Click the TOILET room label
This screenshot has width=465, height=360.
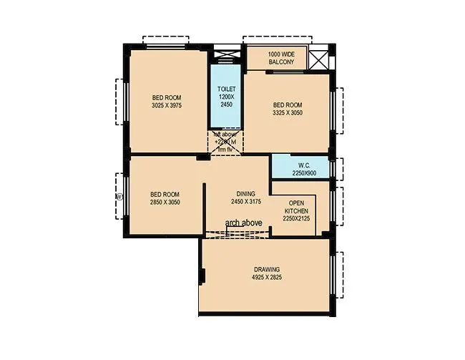tap(226, 89)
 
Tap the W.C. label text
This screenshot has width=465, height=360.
tap(303, 165)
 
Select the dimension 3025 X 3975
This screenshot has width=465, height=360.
tap(167, 105)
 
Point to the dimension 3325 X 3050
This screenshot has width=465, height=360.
tap(288, 112)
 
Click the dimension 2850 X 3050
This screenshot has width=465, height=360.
tap(165, 203)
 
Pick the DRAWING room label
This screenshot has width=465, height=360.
tap(267, 269)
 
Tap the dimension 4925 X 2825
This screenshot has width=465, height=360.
tap(267, 277)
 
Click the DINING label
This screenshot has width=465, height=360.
tap(246, 194)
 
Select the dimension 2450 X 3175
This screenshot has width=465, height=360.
tap(246, 203)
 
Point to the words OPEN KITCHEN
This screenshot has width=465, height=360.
tap(296, 207)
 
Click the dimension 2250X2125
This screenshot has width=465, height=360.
tap(296, 220)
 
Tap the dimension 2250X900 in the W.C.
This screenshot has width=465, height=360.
tap(303, 173)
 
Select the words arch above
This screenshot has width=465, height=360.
tap(243, 223)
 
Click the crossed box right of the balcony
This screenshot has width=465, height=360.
tap(320, 57)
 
